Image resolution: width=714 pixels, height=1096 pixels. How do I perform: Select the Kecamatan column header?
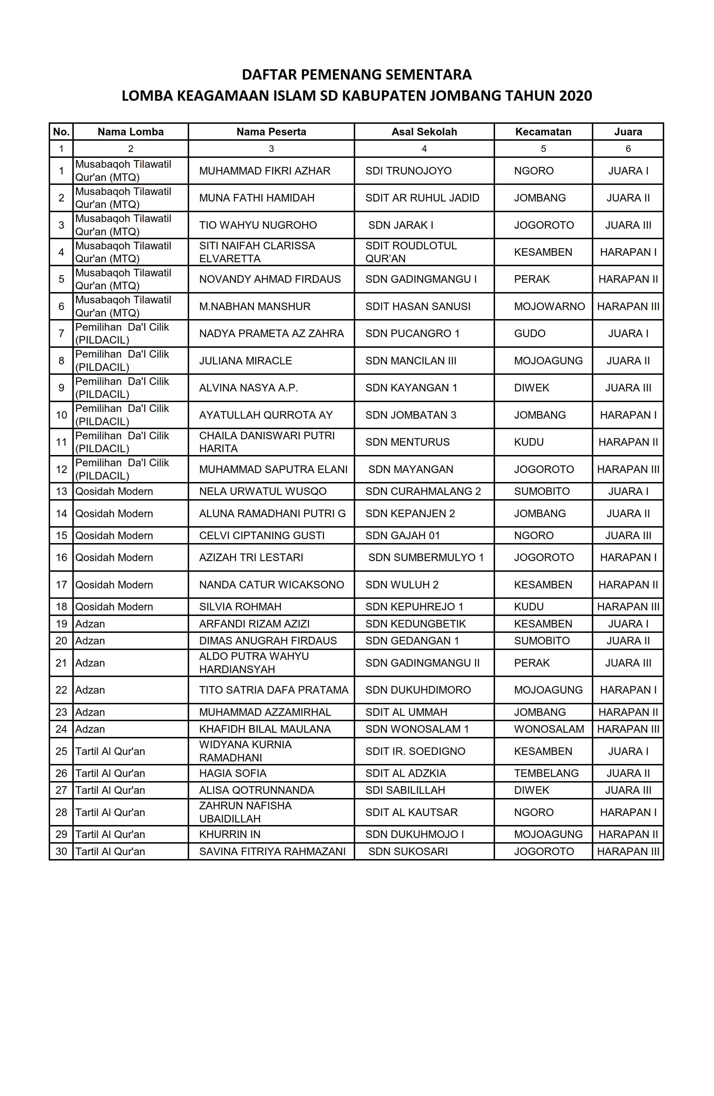click(543, 132)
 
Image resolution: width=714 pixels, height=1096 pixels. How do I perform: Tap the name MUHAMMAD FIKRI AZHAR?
click(265, 171)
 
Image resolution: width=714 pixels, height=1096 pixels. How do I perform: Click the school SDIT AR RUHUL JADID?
click(422, 198)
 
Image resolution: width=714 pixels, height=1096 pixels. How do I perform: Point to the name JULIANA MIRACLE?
click(245, 360)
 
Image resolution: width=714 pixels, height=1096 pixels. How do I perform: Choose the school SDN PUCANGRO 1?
click(412, 333)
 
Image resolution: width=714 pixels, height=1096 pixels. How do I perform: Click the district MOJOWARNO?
click(549, 306)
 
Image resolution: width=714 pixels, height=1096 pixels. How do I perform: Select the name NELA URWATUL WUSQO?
click(263, 491)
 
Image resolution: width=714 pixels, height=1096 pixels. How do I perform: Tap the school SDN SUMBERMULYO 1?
click(426, 557)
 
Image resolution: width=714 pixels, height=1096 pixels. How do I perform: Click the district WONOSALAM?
click(549, 729)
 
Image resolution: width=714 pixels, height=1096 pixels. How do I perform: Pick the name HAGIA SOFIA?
click(233, 773)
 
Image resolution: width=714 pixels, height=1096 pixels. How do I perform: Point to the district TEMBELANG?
click(546, 773)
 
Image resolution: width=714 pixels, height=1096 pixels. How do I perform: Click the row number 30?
click(61, 851)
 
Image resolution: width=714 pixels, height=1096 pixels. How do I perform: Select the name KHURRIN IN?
click(229, 834)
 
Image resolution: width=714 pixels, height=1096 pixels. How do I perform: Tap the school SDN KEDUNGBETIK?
click(415, 624)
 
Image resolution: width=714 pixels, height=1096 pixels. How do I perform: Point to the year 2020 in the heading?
click(575, 96)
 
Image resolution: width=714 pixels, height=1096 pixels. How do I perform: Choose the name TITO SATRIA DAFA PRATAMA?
click(274, 690)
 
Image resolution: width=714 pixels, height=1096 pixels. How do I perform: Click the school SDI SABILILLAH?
click(405, 790)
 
